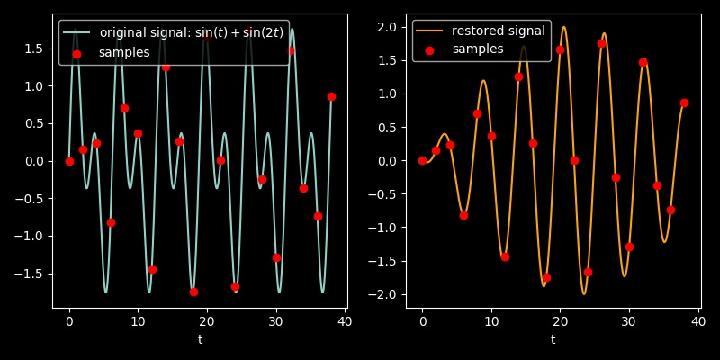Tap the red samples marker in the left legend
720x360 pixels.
coord(76,54)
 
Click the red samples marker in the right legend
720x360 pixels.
coord(429,50)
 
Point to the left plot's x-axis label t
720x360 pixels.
coord(200,339)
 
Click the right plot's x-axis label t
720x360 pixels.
coord(553,339)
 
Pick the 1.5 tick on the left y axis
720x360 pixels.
coord(37,49)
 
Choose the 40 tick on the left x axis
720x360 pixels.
coord(345,320)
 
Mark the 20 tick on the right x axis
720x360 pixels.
coord(560,320)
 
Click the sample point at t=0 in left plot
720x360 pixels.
coord(69,161)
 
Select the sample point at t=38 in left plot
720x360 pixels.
coord(331,96)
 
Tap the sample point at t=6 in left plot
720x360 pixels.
coord(111,222)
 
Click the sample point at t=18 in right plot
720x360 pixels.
coord(546,277)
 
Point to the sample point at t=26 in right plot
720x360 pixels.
coord(601,43)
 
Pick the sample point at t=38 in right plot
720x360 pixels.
coord(684,103)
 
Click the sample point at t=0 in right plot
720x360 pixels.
coord(422,161)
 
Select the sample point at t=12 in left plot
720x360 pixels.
coord(152,269)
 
